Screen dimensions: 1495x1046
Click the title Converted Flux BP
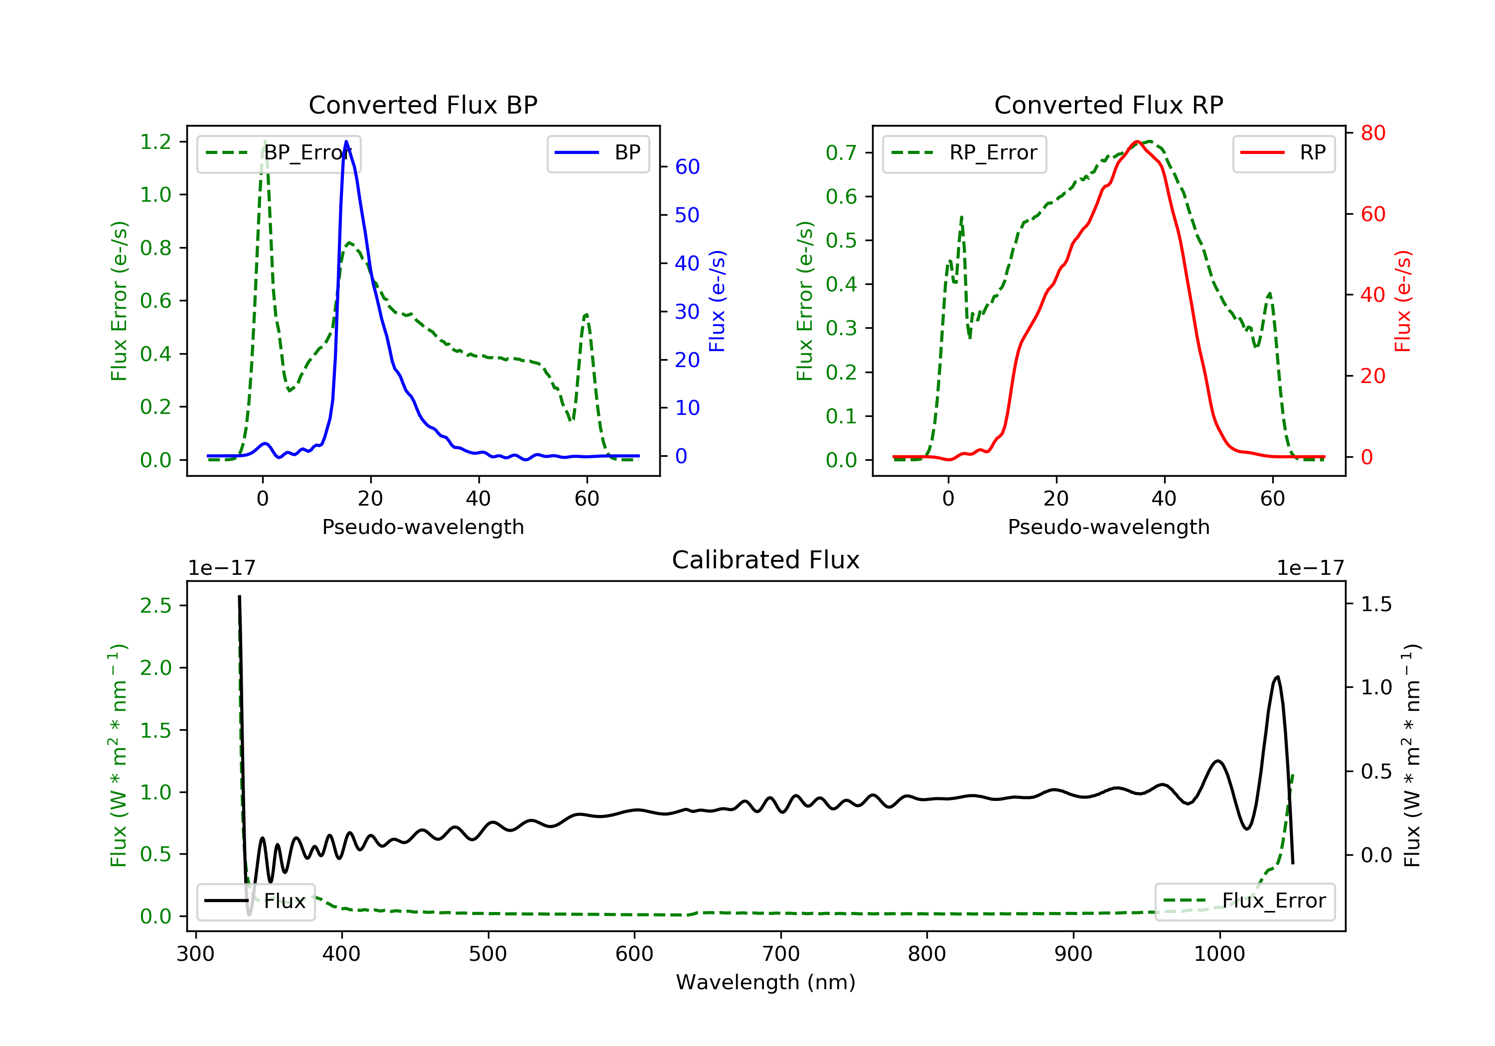coord(423,105)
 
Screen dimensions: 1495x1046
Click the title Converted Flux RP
coord(1108,105)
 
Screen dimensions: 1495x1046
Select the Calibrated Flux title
coord(766,560)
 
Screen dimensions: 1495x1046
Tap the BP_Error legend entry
coord(279,153)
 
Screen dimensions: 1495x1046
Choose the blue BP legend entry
coord(598,153)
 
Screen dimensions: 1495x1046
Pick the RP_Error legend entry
coord(964,153)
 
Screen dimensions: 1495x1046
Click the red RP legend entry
coord(1283,153)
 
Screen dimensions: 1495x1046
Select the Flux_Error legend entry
coord(1244,901)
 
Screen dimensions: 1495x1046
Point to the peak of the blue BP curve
coord(346,141)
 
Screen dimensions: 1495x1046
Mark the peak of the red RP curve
coord(1136,141)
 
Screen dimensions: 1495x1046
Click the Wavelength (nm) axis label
coord(766,982)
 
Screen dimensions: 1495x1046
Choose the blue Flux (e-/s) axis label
coord(717,301)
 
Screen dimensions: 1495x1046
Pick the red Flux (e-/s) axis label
coord(1402,301)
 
